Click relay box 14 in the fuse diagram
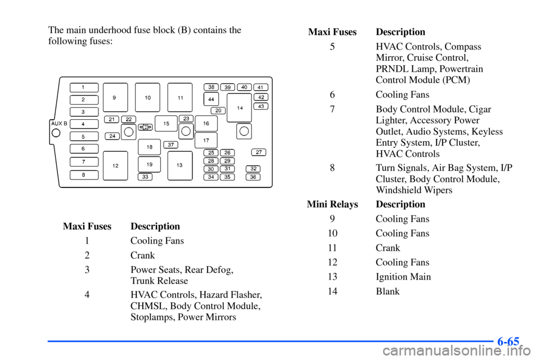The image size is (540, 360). [x=239, y=107]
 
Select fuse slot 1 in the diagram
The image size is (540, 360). [x=84, y=87]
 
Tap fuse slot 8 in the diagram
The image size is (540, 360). [x=84, y=174]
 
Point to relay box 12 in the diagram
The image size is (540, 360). [x=115, y=166]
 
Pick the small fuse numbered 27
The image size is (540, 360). [x=258, y=152]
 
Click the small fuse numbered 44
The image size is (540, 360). [x=211, y=98]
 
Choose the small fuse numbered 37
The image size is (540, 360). [x=171, y=145]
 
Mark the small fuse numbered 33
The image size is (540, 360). [x=145, y=177]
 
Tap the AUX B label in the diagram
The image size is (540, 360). [x=58, y=123]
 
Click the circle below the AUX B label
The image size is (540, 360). [x=56, y=133]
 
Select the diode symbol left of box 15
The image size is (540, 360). [x=145, y=127]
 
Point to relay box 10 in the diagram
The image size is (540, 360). [x=147, y=97]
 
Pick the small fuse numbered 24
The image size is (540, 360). [x=112, y=136]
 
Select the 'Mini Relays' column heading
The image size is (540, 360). [x=332, y=204]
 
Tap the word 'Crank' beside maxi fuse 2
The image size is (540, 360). [x=142, y=255]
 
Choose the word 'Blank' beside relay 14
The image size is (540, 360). [x=388, y=291]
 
